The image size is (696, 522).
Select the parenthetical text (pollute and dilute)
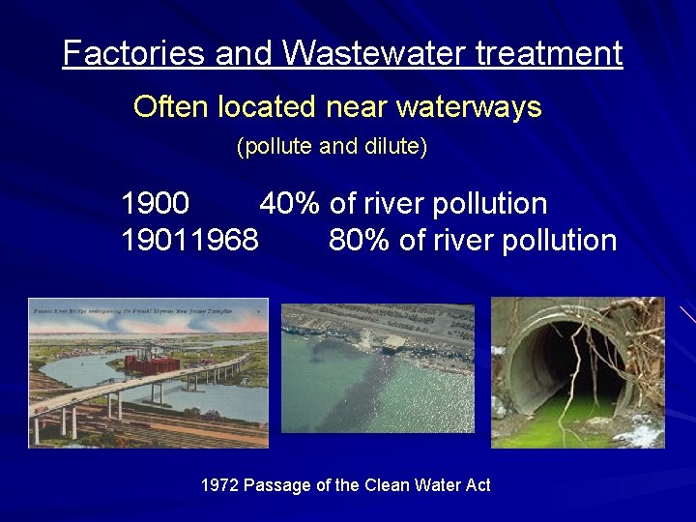332,148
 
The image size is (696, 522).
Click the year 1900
155,204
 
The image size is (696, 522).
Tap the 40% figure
291,204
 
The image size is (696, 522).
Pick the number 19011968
189,240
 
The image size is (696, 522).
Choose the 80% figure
360,240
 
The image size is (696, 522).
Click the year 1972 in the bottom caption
218,484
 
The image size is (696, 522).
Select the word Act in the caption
478,484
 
